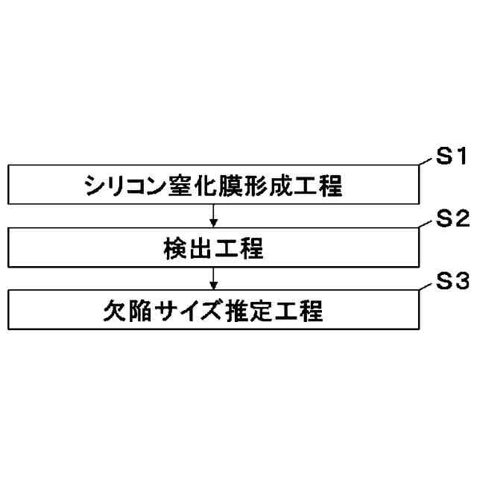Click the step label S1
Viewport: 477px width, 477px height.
(x=451, y=157)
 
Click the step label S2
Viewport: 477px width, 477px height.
(x=451, y=219)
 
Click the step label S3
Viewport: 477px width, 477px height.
(x=451, y=282)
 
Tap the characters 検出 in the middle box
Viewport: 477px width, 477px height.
(x=187, y=248)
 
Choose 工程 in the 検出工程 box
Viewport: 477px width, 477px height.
(x=240, y=248)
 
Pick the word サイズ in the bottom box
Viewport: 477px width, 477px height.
(x=188, y=311)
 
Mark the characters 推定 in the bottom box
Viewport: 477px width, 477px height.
(x=247, y=311)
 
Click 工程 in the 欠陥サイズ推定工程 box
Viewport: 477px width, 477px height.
(x=298, y=311)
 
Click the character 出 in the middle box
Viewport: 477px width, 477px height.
(x=200, y=248)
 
